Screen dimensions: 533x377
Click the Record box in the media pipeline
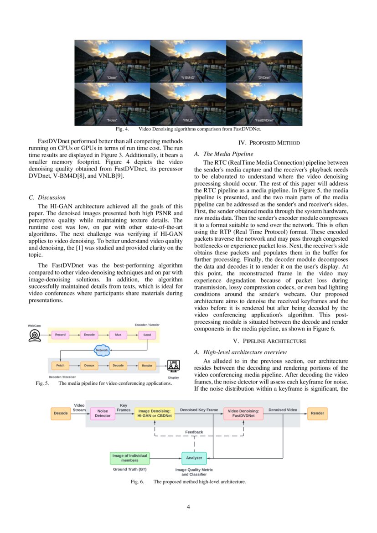(60, 335)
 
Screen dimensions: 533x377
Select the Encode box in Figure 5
(89, 335)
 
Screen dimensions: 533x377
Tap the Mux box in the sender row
(118, 335)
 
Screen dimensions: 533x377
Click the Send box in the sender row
(147, 335)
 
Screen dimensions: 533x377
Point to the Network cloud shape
(102, 350)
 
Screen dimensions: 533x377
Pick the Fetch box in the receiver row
(60, 365)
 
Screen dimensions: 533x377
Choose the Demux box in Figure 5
(89, 365)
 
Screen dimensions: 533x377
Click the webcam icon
(35, 335)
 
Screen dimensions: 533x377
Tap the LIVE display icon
(174, 366)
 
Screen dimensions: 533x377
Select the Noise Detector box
(103, 413)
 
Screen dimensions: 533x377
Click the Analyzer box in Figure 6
(194, 458)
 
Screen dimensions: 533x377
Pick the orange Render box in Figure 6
(317, 413)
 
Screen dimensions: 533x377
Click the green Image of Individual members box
(130, 458)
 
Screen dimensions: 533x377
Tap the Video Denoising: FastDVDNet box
(243, 413)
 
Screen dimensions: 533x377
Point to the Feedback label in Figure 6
(194, 432)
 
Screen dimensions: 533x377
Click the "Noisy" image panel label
(112, 120)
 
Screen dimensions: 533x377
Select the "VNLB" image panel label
(188, 120)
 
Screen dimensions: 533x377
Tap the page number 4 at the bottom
(188, 507)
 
